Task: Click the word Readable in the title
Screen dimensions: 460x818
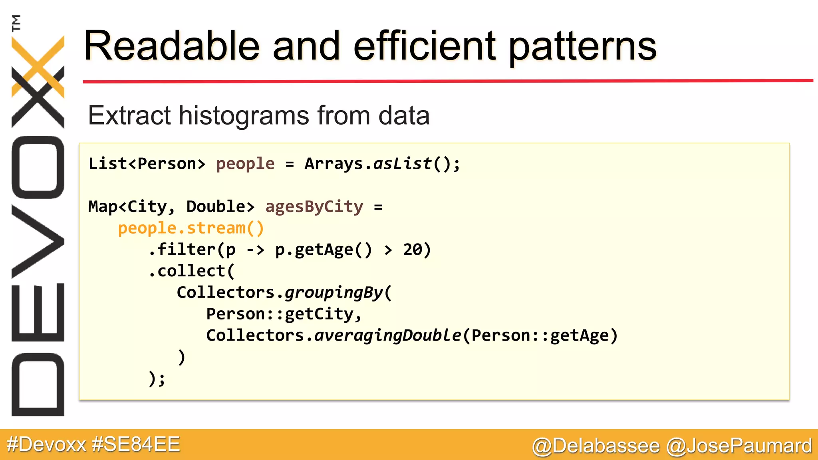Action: pyautogui.click(x=172, y=46)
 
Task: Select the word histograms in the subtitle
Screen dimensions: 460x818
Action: pyautogui.click(x=244, y=115)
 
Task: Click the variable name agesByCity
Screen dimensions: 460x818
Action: pyautogui.click(x=314, y=207)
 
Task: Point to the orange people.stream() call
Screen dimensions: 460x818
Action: pyautogui.click(x=191, y=228)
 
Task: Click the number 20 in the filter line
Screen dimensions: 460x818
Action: pyautogui.click(x=413, y=250)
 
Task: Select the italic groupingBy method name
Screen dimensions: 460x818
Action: pyautogui.click(x=334, y=293)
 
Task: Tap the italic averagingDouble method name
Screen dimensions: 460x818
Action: pyautogui.click(x=387, y=335)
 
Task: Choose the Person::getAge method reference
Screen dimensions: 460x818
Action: pyautogui.click(x=540, y=335)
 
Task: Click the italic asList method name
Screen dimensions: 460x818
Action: pyautogui.click(x=403, y=164)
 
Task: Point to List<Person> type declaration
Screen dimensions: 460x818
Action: pyautogui.click(x=147, y=164)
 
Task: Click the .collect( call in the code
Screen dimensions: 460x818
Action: pyautogui.click(x=192, y=272)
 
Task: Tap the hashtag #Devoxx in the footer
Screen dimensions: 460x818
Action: pyautogui.click(x=46, y=444)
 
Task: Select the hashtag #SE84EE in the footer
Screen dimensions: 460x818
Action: pyautogui.click(x=136, y=444)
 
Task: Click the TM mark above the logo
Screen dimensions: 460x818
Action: pyautogui.click(x=16, y=23)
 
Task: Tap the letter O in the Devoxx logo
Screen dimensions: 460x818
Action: pyautogui.click(x=38, y=167)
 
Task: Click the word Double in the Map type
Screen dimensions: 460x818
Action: pyautogui.click(x=216, y=207)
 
